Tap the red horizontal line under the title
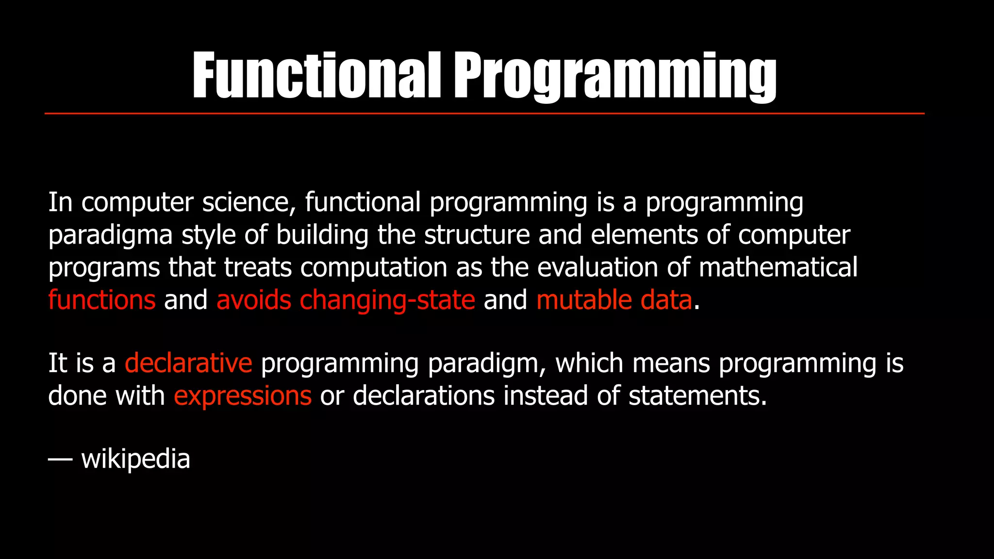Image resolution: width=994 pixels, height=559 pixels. point(484,114)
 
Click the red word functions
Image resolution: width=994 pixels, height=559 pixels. point(102,300)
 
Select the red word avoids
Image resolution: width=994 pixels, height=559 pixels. point(254,300)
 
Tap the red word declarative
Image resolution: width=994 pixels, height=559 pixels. point(188,363)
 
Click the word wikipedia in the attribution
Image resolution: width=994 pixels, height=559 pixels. point(135,459)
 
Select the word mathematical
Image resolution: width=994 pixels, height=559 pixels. point(778,267)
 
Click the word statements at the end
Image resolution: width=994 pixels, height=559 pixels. point(697,395)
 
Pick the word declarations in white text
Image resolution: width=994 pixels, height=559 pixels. point(423,395)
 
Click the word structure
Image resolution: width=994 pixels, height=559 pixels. point(477,235)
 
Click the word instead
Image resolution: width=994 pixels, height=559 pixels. point(546,395)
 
